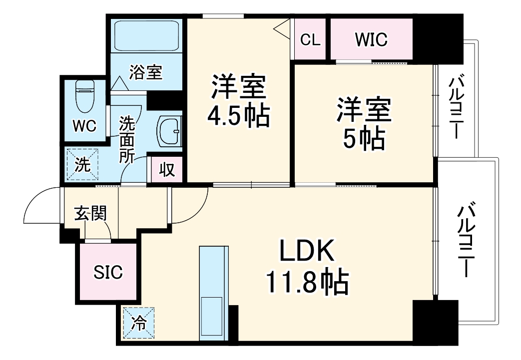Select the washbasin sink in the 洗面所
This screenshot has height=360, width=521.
click(170, 131)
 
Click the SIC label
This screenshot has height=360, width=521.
click(108, 272)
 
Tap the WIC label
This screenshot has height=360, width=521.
click(371, 40)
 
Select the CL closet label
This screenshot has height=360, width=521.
click(310, 40)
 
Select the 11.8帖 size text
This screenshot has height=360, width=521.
click(306, 283)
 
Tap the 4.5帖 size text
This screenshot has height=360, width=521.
click(238, 116)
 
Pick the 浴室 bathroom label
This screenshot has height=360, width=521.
click(145, 72)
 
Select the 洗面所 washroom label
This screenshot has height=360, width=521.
click(127, 139)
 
